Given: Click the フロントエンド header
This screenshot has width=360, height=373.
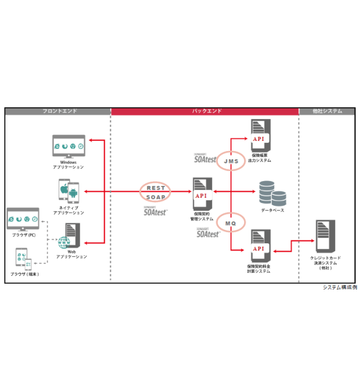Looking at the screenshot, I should click(x=58, y=111).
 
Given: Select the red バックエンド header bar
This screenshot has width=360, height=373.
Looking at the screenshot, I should click(x=205, y=111).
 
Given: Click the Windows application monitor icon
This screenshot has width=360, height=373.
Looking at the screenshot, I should click(x=69, y=146).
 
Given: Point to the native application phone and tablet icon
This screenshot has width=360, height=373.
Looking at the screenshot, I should click(x=68, y=191).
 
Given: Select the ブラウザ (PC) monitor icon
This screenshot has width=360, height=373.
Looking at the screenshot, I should click(x=23, y=220).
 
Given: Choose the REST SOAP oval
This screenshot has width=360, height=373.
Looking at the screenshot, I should click(x=156, y=192).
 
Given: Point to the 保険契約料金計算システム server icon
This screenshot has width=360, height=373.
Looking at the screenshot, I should click(x=259, y=246).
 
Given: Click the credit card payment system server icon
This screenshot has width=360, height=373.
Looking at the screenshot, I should click(x=324, y=236).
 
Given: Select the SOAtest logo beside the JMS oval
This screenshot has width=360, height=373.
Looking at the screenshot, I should click(x=207, y=157).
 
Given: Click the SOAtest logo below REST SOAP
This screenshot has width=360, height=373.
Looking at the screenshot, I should click(x=156, y=210).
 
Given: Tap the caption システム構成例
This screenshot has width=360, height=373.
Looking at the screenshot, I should click(x=339, y=287).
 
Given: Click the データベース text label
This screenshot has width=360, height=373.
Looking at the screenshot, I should click(x=272, y=210).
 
